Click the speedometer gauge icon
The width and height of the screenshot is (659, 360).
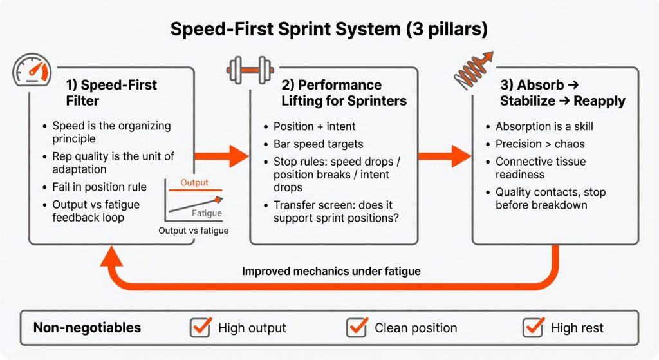pyautogui.click(x=33, y=71)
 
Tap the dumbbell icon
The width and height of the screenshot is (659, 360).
pyautogui.click(x=251, y=70)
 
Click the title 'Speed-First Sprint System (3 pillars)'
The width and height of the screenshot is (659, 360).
pyautogui.click(x=329, y=29)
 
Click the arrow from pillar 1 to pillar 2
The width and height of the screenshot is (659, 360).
pyautogui.click(x=221, y=156)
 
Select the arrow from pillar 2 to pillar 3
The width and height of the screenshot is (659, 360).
pyautogui.click(x=444, y=156)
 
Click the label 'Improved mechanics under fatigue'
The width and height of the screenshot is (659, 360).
pyautogui.click(x=331, y=271)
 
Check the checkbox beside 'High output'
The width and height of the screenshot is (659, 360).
pyautogui.click(x=200, y=327)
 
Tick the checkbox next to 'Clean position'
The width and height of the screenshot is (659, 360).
pyautogui.click(x=357, y=327)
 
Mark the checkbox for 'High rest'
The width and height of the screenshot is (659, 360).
pyautogui.click(x=533, y=327)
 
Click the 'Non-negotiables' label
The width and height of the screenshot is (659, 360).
pyautogui.click(x=87, y=328)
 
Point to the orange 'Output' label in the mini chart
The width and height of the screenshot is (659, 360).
pyautogui.click(x=194, y=183)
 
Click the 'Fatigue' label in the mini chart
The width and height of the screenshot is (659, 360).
pyautogui.click(x=207, y=213)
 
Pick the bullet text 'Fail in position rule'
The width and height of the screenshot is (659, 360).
pyautogui.click(x=99, y=187)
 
